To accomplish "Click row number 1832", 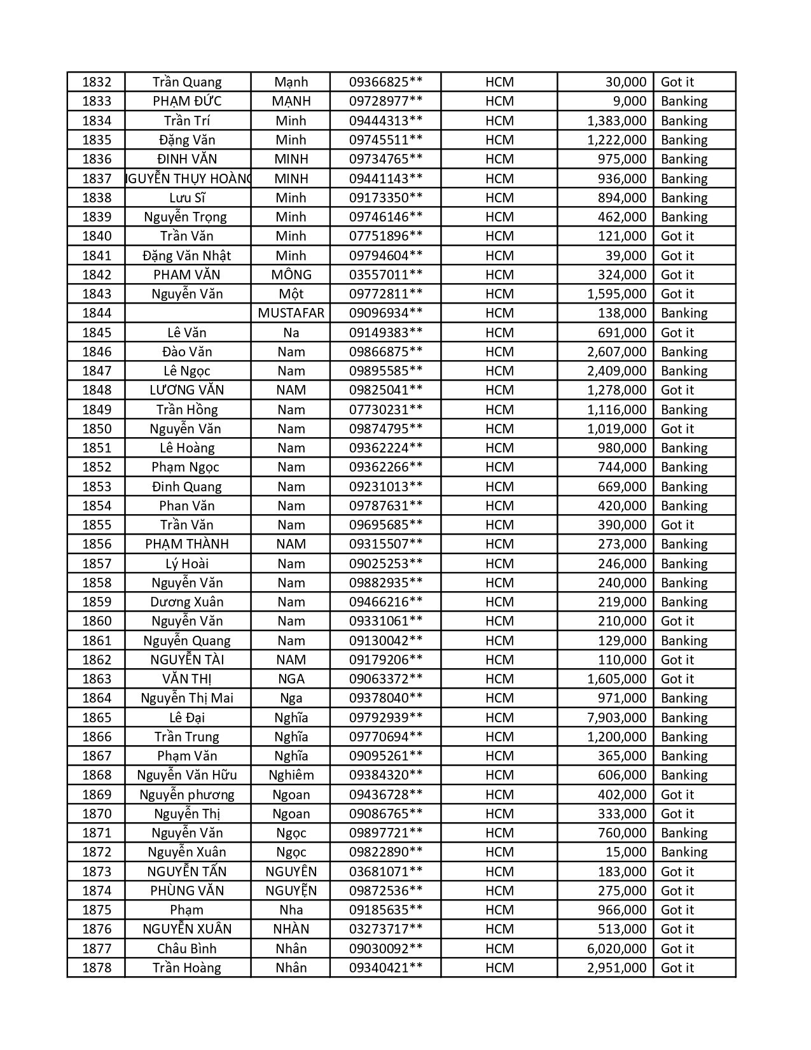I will (x=97, y=82).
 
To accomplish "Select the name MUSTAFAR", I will (x=291, y=313).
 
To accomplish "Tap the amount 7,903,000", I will (x=616, y=717).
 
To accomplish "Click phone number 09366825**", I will (x=385, y=82).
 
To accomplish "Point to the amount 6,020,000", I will (x=616, y=948).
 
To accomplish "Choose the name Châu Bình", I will (x=187, y=948).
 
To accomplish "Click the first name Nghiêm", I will (x=291, y=775).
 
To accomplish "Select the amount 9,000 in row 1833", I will (x=629, y=101).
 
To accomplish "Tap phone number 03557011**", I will (x=385, y=275).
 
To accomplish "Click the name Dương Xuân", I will (x=187, y=602).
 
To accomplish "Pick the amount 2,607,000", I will (x=616, y=352).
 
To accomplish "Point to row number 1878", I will (x=97, y=968).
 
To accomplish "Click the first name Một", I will (x=291, y=294).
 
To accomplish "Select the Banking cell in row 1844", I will (x=684, y=313).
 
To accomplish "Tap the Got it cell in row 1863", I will (x=677, y=679).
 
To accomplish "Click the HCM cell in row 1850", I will (x=499, y=429).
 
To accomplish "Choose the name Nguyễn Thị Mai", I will (x=187, y=698).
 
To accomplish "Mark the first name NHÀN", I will (x=291, y=929).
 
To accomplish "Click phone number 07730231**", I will (x=385, y=410).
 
